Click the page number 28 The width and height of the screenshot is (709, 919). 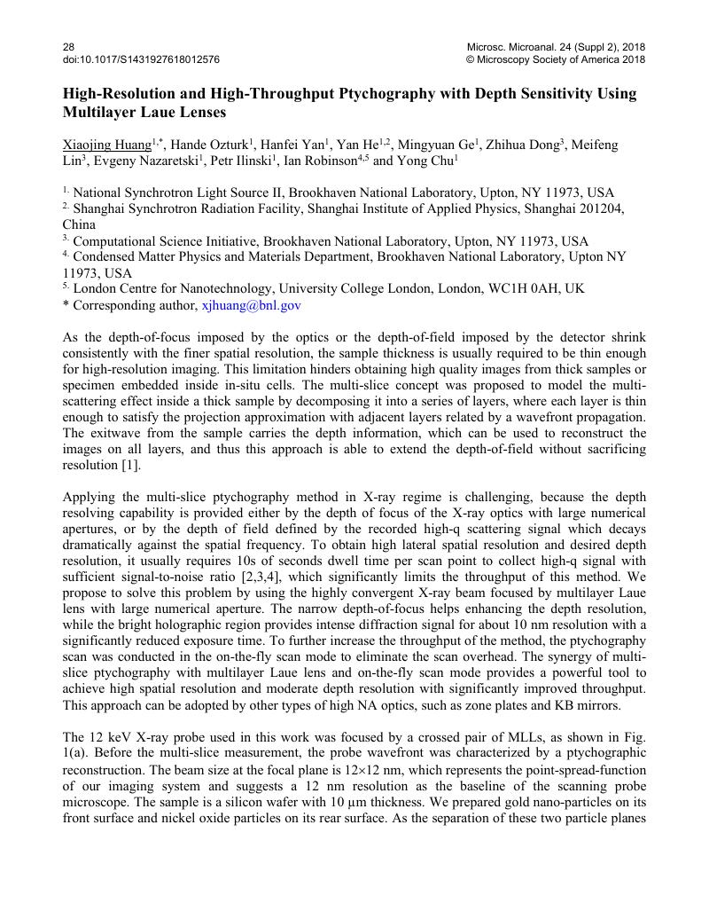click(68, 46)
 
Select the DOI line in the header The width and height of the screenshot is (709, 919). click(141, 59)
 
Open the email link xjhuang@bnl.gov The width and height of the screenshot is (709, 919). click(252, 305)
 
